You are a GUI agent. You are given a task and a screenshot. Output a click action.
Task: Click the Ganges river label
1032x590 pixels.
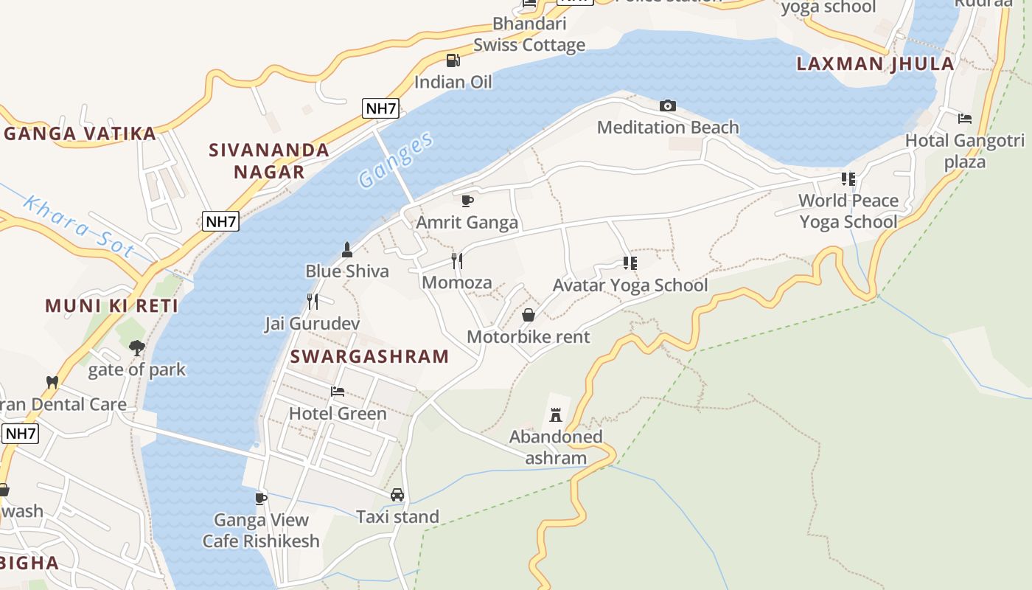tap(395, 159)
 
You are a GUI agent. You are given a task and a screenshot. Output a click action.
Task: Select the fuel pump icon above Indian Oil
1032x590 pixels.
tap(453, 60)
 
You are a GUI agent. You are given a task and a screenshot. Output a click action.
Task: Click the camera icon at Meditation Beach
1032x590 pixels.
tap(667, 106)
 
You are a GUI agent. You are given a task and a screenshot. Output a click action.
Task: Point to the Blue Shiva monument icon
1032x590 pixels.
tap(347, 250)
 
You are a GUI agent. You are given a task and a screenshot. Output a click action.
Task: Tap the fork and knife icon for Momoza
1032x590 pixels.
tap(457, 261)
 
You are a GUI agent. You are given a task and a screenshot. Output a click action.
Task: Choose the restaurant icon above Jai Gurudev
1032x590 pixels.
tap(313, 301)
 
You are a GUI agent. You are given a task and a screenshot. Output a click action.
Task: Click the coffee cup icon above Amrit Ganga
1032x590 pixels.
tap(467, 201)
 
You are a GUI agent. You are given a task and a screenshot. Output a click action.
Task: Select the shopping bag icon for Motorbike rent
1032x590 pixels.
tap(529, 315)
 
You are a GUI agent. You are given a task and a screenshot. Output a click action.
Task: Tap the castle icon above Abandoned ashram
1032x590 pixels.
tap(556, 415)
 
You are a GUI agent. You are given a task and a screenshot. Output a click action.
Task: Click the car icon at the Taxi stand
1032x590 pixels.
tap(397, 495)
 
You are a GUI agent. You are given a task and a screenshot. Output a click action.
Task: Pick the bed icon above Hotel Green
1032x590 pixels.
tap(338, 392)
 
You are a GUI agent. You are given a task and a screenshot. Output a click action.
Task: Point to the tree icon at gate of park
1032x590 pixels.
tap(136, 347)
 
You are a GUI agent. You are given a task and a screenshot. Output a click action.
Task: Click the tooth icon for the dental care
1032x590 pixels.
tap(52, 382)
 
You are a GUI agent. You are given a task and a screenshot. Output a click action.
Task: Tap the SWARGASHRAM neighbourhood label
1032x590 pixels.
tap(369, 356)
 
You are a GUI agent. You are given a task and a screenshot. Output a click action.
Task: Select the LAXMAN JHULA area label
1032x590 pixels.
tap(875, 63)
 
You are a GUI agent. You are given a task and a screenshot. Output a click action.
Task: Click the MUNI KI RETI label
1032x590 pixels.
tap(112, 305)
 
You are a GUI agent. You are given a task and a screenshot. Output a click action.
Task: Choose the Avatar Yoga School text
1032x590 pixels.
tap(630, 285)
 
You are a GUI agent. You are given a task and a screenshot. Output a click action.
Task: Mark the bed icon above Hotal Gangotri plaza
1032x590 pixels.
tap(964, 119)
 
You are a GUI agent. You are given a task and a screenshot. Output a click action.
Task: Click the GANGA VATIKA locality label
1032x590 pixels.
tap(80, 133)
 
